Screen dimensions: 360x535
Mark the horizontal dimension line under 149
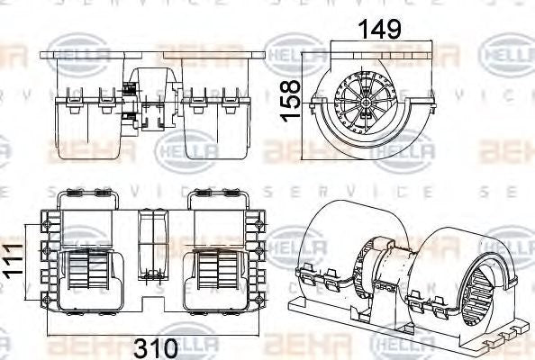364,46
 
